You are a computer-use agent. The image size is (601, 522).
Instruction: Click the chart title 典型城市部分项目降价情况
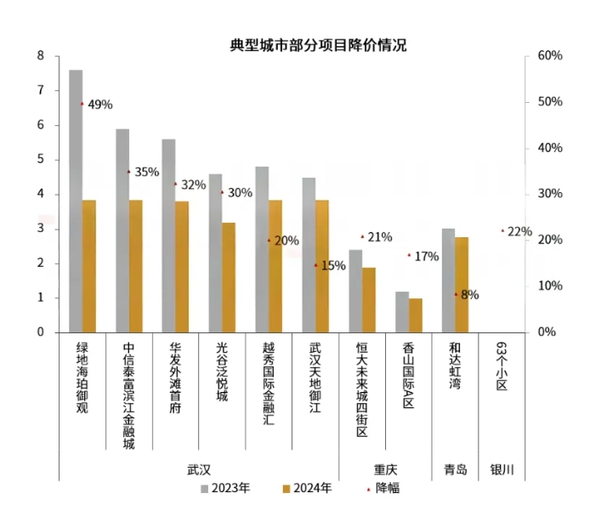(318, 45)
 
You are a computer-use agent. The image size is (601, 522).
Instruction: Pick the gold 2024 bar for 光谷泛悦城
(229, 277)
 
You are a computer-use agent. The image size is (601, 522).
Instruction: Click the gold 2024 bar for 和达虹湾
(462, 285)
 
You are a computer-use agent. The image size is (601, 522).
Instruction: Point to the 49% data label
(99, 105)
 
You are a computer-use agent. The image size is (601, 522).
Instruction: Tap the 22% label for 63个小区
(519, 231)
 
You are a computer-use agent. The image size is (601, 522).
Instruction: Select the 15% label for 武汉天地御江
(332, 265)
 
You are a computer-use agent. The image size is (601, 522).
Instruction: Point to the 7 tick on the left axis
(40, 90)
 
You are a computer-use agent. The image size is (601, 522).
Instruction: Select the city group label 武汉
(198, 469)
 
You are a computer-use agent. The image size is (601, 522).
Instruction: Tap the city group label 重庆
(385, 469)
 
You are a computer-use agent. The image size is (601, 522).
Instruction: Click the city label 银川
(502, 469)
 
